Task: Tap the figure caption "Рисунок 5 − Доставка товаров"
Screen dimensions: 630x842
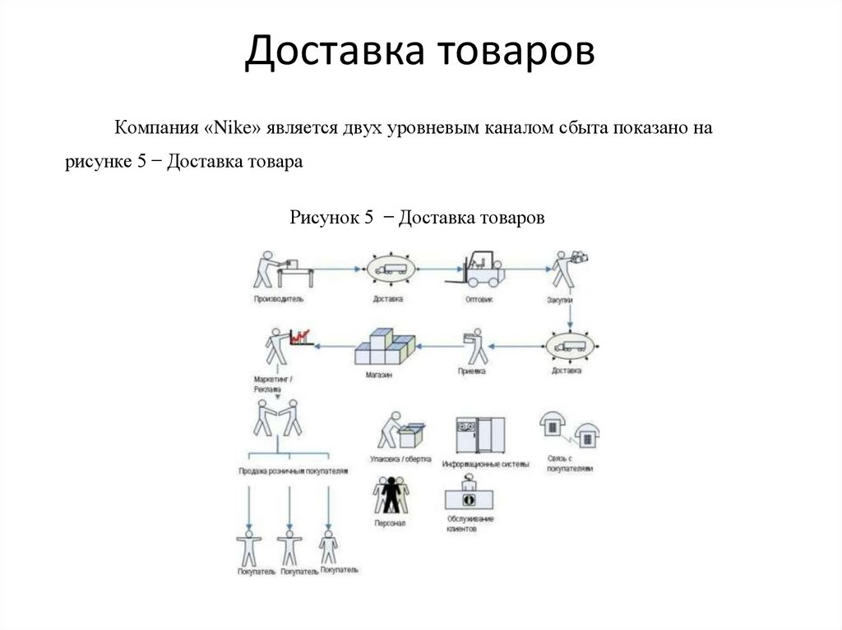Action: [x=417, y=218]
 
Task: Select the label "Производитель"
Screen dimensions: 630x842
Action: [x=275, y=300]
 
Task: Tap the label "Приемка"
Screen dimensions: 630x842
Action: [x=472, y=371]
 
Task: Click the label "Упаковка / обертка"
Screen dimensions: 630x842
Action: [x=401, y=460]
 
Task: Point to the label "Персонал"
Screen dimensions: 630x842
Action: [x=390, y=523]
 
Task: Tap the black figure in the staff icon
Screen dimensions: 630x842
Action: [x=391, y=494]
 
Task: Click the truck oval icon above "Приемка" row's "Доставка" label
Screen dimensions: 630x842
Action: [x=568, y=346]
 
